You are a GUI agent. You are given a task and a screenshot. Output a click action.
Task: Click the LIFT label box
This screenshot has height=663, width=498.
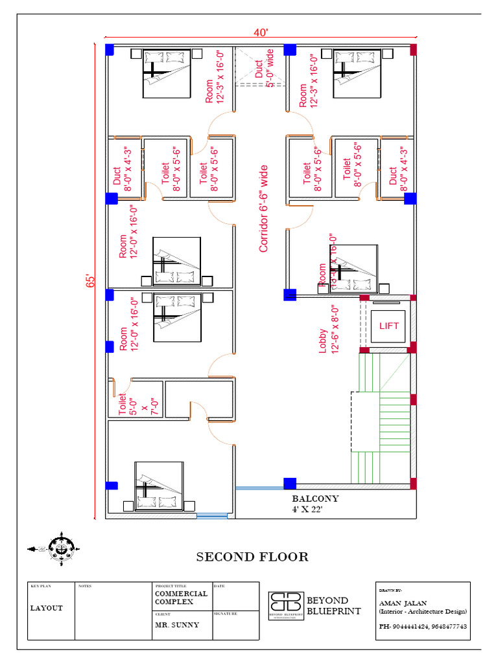pyautogui.click(x=389, y=326)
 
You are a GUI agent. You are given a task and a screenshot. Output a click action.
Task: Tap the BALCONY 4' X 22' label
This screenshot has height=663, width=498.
pyautogui.click(x=315, y=504)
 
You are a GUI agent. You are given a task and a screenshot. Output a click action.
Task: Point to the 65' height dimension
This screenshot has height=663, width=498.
pyautogui.click(x=91, y=281)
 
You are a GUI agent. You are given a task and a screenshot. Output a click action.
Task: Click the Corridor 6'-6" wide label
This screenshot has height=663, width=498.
pyautogui.click(x=263, y=208)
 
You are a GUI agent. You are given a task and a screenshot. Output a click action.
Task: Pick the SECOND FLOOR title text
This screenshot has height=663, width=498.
pyautogui.click(x=252, y=557)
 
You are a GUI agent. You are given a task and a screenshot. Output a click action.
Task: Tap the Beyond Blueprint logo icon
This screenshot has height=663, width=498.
pyautogui.click(x=286, y=605)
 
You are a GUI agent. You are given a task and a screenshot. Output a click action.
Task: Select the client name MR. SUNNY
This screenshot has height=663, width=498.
pyautogui.click(x=177, y=625)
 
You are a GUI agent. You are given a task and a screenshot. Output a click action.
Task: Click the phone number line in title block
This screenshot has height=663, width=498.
pyautogui.click(x=423, y=627)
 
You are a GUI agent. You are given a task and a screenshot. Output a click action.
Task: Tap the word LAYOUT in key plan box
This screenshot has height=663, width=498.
pyautogui.click(x=46, y=608)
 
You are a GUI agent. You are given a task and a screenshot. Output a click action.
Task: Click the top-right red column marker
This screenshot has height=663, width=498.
pyautogui.click(x=413, y=49)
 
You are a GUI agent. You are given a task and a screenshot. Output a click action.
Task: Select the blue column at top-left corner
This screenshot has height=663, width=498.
pyautogui.click(x=110, y=49)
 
